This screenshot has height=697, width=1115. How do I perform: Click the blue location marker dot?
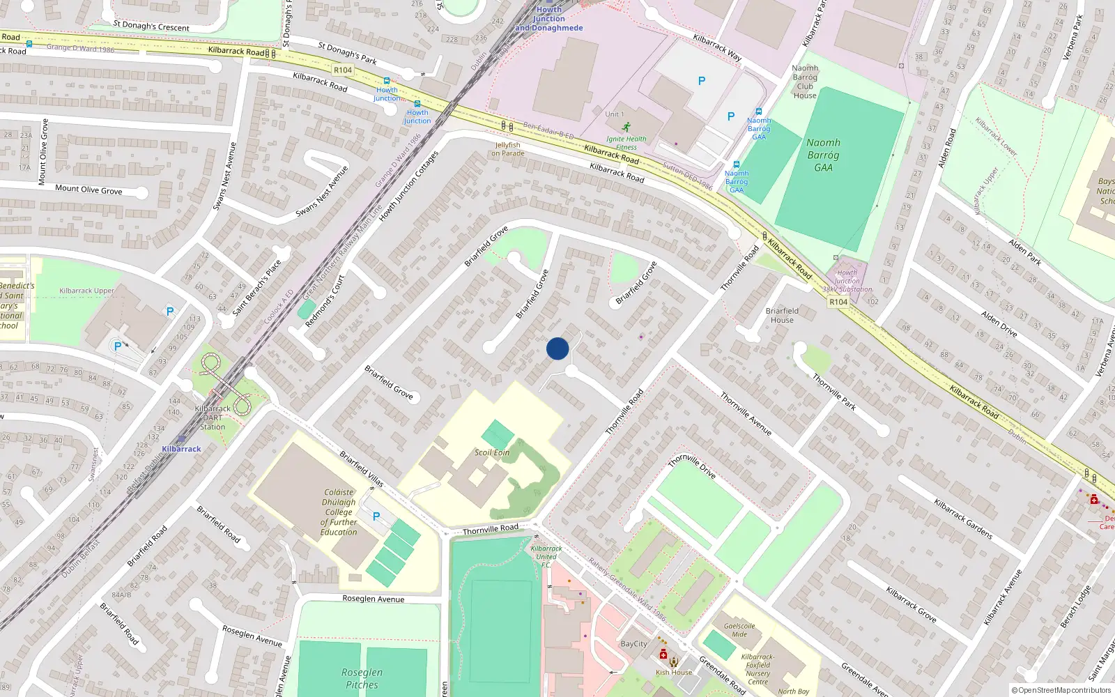tap(557, 348)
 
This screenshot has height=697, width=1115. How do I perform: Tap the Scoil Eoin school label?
tap(492, 452)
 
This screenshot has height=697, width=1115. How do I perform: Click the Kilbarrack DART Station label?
tap(213, 418)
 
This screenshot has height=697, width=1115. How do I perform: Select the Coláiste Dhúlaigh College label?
tap(339, 512)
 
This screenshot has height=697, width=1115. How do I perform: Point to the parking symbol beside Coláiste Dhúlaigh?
tap(376, 516)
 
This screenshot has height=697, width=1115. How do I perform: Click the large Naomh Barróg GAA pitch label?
tap(823, 155)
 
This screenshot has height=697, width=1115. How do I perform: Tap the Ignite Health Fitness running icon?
tap(626, 127)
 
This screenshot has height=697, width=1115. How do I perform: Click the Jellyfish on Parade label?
tap(508, 149)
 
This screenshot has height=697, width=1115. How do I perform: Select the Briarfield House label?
tap(782, 315)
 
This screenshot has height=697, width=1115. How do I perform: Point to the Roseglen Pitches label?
tap(362, 678)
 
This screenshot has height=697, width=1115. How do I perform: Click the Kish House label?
tap(674, 673)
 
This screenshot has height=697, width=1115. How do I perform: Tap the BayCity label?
tap(633, 644)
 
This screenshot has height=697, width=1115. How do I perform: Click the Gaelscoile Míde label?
tap(739, 630)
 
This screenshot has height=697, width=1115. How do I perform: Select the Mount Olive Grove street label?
tap(89, 190)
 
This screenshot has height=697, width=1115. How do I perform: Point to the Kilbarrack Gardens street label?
tap(963, 519)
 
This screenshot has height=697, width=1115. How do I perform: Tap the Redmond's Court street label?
tap(325, 301)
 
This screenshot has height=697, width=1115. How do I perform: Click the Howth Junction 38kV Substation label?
tap(847, 281)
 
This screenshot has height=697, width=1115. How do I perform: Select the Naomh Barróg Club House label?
tap(805, 82)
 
